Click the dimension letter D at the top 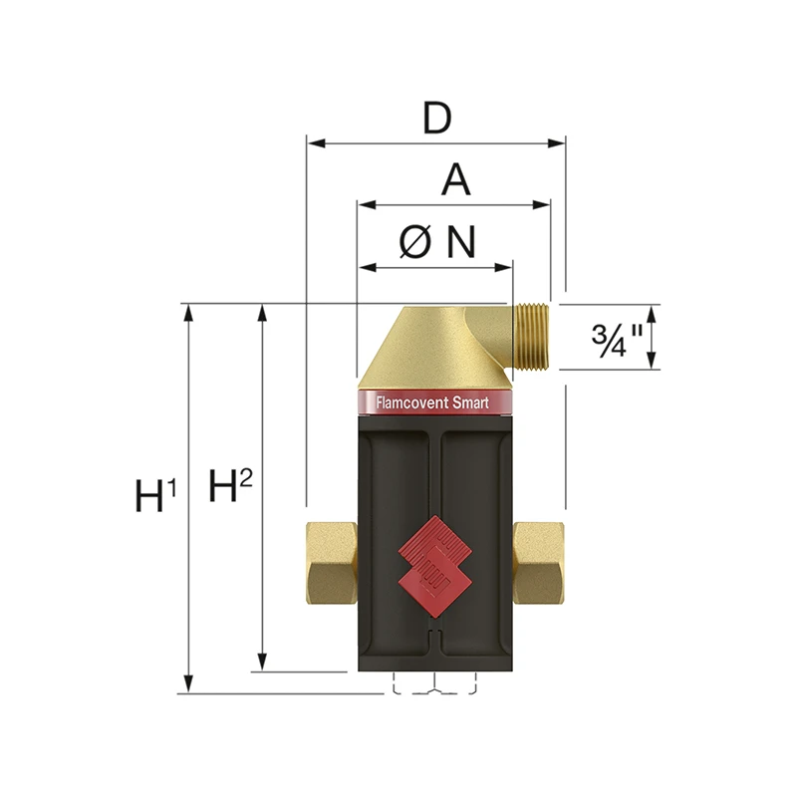tap(436, 119)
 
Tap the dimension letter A tap(456, 180)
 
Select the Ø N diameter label tap(437, 242)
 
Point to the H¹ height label tap(155, 494)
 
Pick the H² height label tap(230, 485)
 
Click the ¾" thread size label tap(617, 340)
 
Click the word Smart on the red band tap(470, 403)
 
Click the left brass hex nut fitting tap(332, 563)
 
